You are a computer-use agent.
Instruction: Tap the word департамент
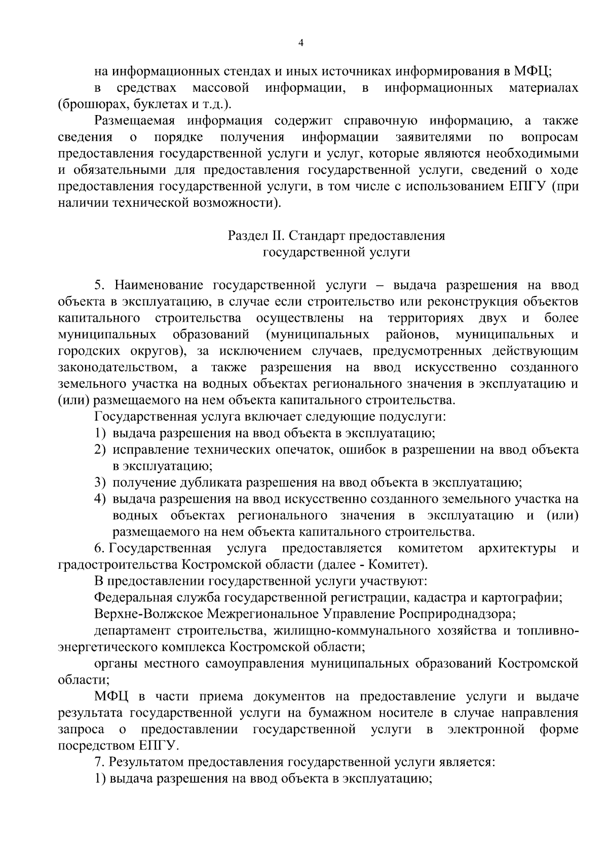click(132, 631)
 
